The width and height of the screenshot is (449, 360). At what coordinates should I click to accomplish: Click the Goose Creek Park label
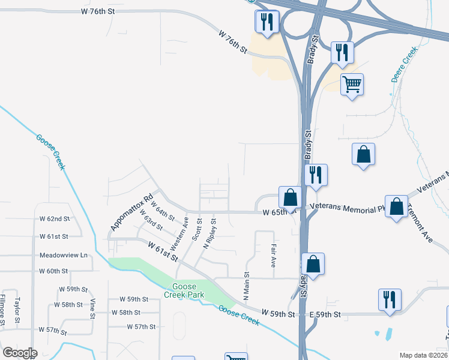[188, 290]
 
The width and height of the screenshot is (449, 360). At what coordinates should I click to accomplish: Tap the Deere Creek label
[405, 67]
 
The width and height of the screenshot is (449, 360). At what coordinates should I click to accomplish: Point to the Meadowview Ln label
[63, 255]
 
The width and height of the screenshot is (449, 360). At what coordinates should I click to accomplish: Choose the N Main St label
[246, 286]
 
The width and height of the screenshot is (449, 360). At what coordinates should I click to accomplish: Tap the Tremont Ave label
[420, 226]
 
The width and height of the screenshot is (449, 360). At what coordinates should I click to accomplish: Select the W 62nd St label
[55, 219]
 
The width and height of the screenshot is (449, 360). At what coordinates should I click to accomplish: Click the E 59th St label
[325, 314]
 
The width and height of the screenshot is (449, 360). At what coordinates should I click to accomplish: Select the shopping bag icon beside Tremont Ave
[396, 206]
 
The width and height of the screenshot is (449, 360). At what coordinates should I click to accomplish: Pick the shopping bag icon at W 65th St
[291, 197]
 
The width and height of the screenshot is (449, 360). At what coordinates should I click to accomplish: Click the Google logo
[20, 353]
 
